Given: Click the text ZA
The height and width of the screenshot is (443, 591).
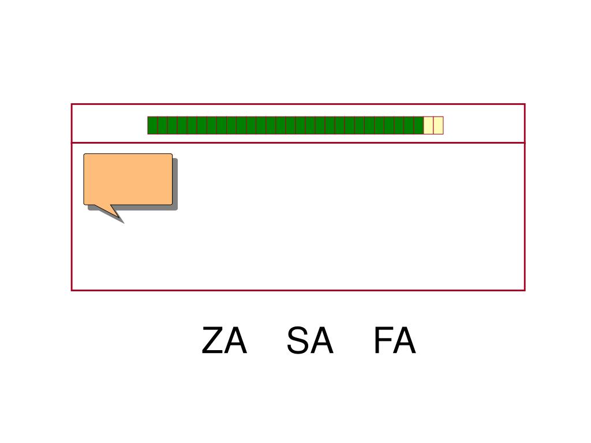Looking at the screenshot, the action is click(x=224, y=341).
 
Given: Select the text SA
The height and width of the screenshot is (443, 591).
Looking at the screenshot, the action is click(x=310, y=341).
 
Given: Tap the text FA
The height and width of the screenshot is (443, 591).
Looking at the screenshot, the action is click(x=394, y=341).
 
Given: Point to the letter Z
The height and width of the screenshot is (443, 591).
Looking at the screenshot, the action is click(x=212, y=341).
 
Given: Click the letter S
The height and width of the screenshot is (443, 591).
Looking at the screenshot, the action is click(x=298, y=341).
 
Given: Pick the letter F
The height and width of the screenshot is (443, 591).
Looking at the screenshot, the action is click(x=383, y=341).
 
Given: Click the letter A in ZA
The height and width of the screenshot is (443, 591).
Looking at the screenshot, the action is click(x=235, y=341).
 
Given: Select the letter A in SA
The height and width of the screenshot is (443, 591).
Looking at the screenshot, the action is click(x=322, y=341).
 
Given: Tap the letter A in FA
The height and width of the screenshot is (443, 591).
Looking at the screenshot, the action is click(x=404, y=341).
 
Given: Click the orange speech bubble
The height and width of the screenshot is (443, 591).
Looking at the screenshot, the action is click(x=128, y=179).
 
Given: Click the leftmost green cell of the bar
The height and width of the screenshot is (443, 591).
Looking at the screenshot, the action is click(x=152, y=125).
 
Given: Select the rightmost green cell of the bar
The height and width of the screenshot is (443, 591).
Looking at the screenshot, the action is click(x=418, y=125).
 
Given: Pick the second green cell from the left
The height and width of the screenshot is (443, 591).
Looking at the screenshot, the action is click(x=162, y=125).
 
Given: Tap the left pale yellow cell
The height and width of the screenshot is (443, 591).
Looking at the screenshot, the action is click(x=428, y=125).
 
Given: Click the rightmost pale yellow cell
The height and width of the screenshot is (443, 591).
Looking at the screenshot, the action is click(x=438, y=125).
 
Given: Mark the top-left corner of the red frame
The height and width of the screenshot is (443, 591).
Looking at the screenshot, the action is click(x=72, y=104).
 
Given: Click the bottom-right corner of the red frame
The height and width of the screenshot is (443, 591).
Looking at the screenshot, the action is click(x=524, y=290).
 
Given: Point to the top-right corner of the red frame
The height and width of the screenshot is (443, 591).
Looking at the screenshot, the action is click(x=524, y=104).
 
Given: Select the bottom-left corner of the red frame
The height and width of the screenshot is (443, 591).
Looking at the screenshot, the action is click(x=72, y=290).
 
